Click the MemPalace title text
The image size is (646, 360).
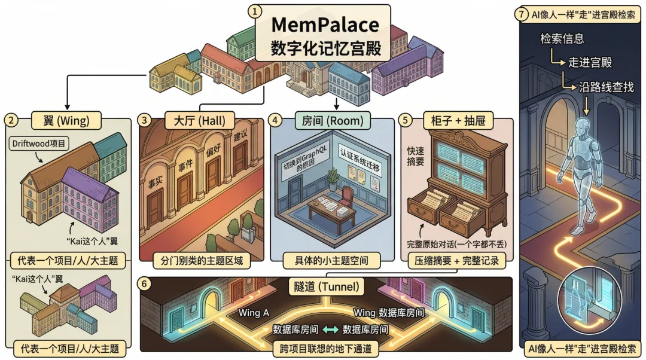[x=325, y=25]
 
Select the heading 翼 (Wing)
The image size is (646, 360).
[x=68, y=121]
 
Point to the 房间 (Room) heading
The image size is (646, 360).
[x=333, y=121]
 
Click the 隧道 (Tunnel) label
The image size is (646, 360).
[x=326, y=287]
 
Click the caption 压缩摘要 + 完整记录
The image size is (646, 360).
[x=456, y=261]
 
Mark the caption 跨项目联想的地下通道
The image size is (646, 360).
[x=326, y=347]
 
